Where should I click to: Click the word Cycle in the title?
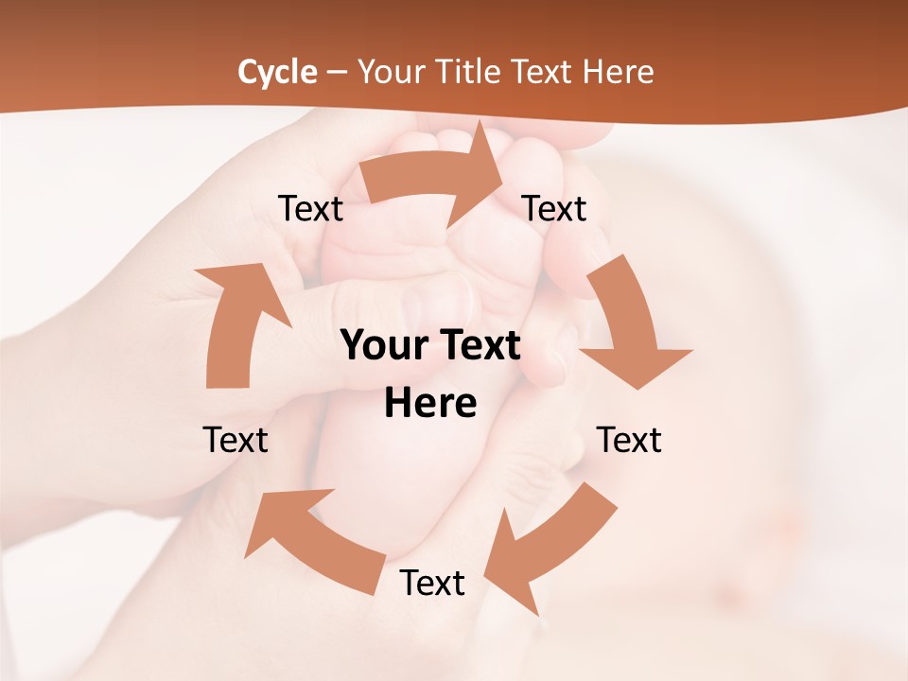[277, 72]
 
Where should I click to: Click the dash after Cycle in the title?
[336, 73]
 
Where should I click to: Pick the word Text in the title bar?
[545, 72]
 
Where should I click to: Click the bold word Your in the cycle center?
[383, 345]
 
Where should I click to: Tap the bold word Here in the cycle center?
[430, 403]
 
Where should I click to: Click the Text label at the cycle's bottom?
[432, 583]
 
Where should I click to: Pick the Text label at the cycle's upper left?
[310, 208]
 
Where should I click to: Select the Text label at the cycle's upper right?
[554, 208]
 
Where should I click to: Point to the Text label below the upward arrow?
[236, 440]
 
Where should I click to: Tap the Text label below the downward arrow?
[629, 440]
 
